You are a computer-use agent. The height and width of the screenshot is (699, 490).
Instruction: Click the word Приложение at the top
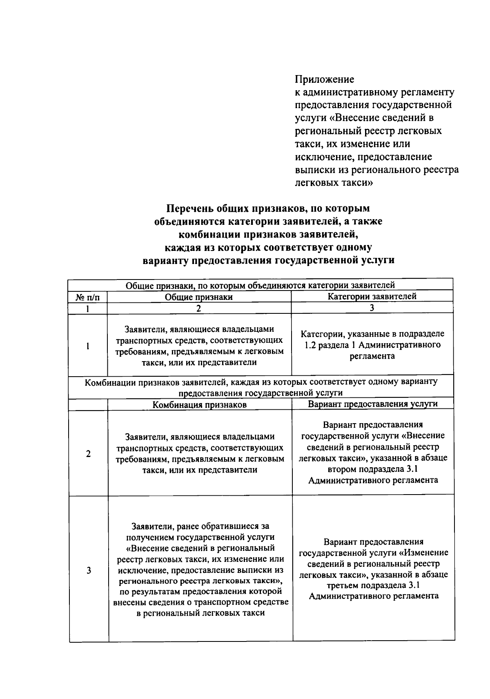pyautogui.click(x=324, y=79)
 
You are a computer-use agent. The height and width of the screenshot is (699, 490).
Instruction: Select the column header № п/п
pyautogui.click(x=87, y=297)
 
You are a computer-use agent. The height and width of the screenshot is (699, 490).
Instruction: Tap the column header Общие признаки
pyautogui.click(x=198, y=297)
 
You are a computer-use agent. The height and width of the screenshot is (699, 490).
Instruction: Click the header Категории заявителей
pyautogui.click(x=372, y=297)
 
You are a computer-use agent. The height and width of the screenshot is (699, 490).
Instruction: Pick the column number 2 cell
pyautogui.click(x=198, y=308)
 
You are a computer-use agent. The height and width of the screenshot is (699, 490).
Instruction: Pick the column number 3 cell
pyautogui.click(x=372, y=308)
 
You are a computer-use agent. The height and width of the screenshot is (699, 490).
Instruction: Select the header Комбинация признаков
pyautogui.click(x=199, y=405)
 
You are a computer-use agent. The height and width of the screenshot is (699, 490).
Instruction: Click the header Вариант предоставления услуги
pyautogui.click(x=372, y=404)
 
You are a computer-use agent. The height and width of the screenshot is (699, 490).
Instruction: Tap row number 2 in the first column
pyautogui.click(x=88, y=454)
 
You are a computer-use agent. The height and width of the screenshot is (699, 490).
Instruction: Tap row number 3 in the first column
pyautogui.click(x=89, y=570)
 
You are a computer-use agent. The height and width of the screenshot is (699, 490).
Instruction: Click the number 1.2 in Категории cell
pyautogui.click(x=312, y=345)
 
